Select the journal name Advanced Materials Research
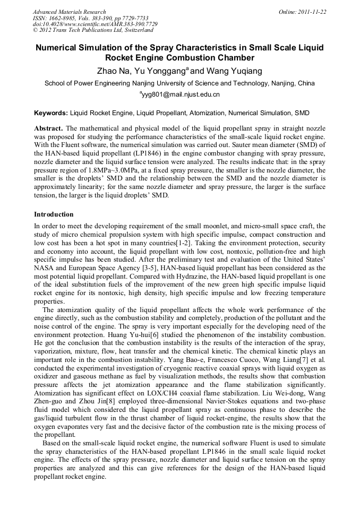tap(69, 12)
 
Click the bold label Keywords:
tap(51, 113)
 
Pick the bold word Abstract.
tap(48, 128)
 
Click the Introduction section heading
tap(54, 214)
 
